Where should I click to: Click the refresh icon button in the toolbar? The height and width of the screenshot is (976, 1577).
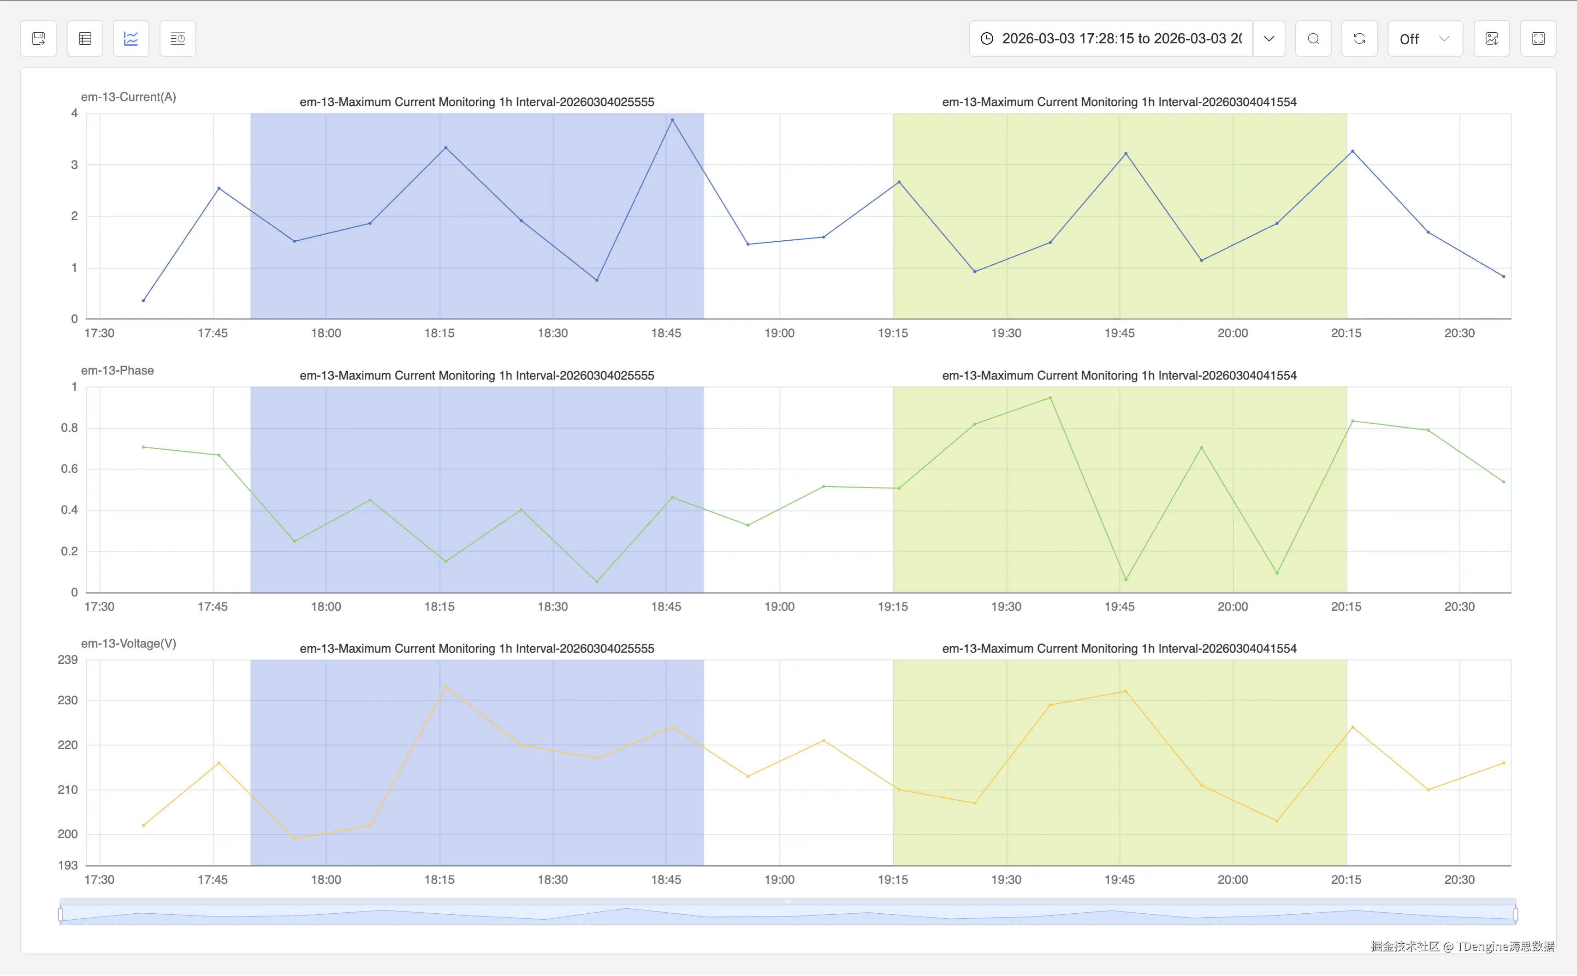point(1359,39)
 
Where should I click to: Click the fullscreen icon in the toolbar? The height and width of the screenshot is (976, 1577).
point(1538,39)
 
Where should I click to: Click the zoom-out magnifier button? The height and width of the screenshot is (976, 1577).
point(1313,39)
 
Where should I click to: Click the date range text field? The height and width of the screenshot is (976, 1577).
point(1121,39)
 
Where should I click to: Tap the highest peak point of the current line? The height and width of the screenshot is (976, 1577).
point(672,120)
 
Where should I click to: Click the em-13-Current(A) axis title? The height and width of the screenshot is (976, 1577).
point(128,97)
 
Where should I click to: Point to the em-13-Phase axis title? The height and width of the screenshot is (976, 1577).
point(118,370)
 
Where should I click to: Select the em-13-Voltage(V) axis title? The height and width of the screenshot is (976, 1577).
point(128,643)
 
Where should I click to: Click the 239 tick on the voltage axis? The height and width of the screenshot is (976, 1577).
point(68,660)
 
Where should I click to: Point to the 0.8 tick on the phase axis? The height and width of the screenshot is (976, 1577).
point(69,428)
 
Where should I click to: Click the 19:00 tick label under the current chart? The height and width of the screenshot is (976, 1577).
point(779,333)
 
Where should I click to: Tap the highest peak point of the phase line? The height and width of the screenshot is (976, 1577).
point(1050,398)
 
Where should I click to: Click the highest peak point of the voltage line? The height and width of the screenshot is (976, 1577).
point(446,687)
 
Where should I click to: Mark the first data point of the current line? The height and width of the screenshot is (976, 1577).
point(143,301)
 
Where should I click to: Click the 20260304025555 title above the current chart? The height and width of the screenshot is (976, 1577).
point(477,102)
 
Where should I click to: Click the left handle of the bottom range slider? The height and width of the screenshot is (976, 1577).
point(61,914)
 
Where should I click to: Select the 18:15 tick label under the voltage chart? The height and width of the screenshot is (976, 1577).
point(439,879)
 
